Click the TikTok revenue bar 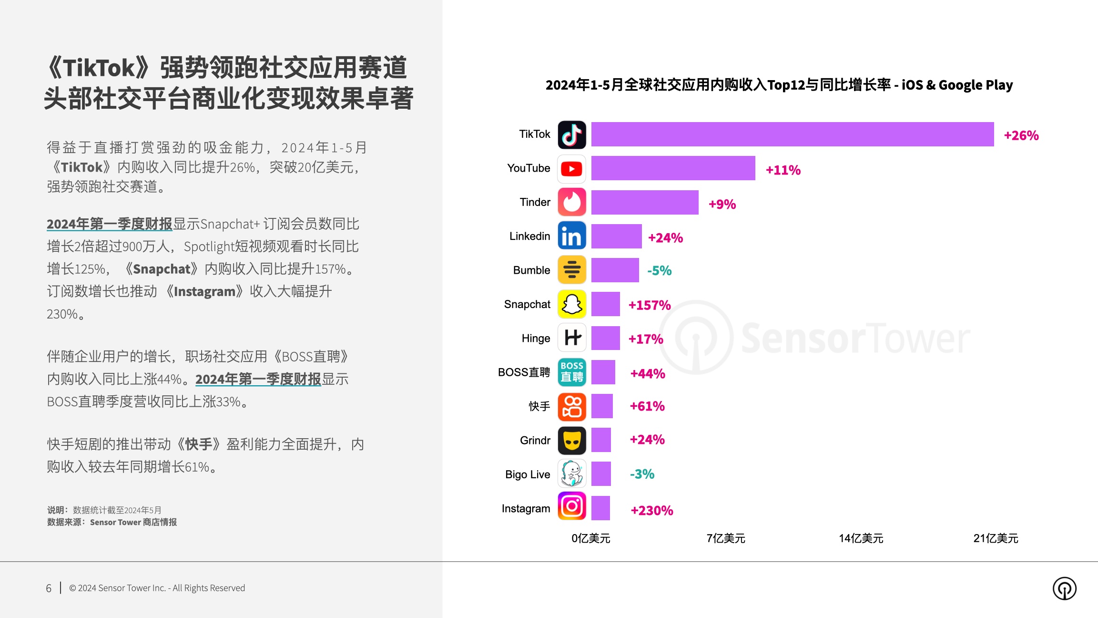point(792,134)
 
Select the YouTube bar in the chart point(673,168)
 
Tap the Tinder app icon point(572,202)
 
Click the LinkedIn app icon point(572,236)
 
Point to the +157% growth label point(650,305)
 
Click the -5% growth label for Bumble point(659,271)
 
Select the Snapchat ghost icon point(572,304)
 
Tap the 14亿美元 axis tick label point(861,538)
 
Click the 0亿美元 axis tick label point(591,538)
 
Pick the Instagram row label point(526,509)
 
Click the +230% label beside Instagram point(652,511)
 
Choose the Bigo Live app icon point(572,474)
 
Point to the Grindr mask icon point(572,440)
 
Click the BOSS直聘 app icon point(572,372)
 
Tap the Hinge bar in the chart point(605,338)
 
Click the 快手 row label point(539,406)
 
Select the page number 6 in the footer point(49,588)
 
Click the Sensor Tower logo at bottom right point(1064,588)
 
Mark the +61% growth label point(647,406)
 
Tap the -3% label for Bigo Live point(642,474)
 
